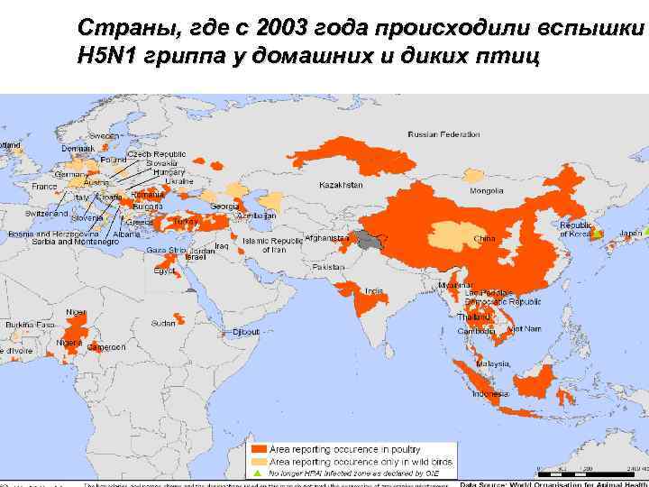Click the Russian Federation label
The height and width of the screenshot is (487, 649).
pos(443,134)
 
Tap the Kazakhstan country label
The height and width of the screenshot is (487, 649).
pos(341,185)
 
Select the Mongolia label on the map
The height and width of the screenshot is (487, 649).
pos(486,191)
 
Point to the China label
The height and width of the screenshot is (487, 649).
pos(484,239)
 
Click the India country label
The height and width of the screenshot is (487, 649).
pos(373,290)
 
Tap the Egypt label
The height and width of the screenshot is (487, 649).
pos(165,271)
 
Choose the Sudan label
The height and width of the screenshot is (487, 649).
pos(163,322)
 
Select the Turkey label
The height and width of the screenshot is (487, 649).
pos(185,220)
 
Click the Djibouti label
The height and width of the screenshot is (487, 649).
pos(245,332)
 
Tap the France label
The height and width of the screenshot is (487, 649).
pos(44,186)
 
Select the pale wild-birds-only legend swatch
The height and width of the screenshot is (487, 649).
pos(259,460)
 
